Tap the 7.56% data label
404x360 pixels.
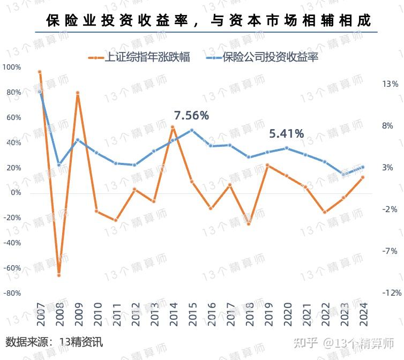click(191, 115)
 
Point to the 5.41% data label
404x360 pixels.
click(286, 133)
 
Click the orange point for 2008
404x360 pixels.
click(59, 275)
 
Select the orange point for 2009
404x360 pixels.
click(78, 93)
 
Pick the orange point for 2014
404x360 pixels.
click(173, 127)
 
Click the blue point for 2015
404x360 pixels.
click(191, 130)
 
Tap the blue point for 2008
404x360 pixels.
click(59, 164)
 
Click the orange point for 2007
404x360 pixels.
click(40, 72)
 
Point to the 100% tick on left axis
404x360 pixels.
click(12, 67)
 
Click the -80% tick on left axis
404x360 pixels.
click(12, 293)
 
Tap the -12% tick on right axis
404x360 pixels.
click(391, 293)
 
